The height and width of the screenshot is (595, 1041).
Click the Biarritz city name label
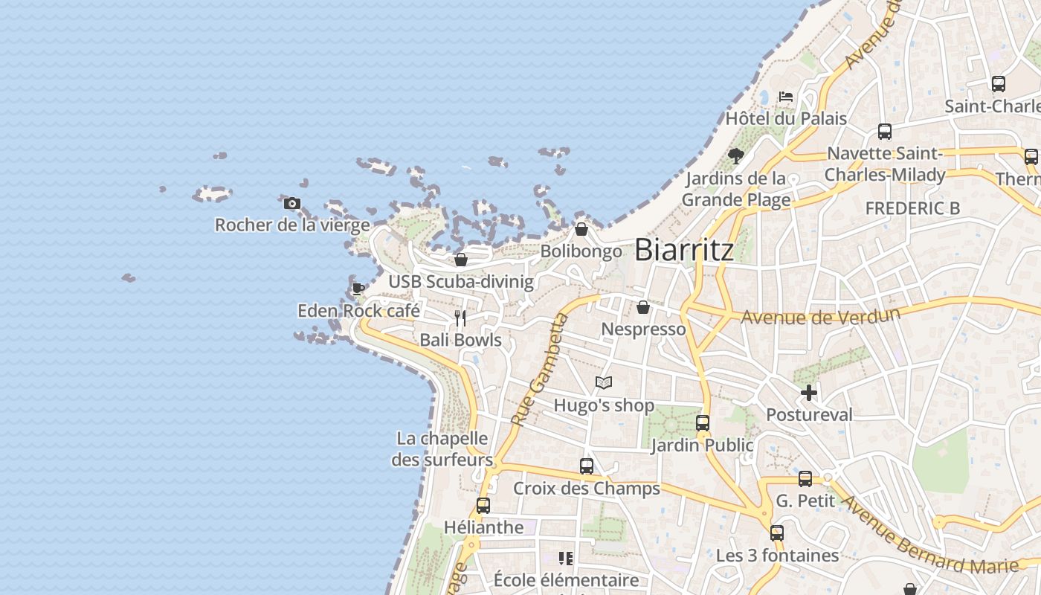(684, 250)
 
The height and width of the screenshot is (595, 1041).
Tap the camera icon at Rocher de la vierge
(292, 203)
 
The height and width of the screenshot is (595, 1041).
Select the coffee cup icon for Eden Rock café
(358, 289)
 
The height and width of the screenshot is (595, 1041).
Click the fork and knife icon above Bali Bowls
(460, 318)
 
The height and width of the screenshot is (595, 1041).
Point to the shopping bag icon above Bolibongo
(581, 229)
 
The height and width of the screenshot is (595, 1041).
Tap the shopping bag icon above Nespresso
(643, 306)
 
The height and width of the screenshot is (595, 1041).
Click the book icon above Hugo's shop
(604, 383)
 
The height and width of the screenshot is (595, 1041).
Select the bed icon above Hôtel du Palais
(786, 97)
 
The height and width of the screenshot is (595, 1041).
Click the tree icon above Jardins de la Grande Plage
(736, 156)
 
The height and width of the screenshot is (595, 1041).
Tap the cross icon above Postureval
(809, 393)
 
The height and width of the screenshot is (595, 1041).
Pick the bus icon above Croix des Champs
(587, 466)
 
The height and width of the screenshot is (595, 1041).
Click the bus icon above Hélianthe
(483, 506)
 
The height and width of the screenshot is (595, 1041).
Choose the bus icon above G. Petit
(805, 479)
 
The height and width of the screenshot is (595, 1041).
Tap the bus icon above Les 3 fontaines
(777, 533)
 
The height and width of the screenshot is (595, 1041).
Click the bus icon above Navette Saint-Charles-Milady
(885, 132)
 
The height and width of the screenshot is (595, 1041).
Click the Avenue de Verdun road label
(820, 315)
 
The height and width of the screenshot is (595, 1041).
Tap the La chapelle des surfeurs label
(442, 449)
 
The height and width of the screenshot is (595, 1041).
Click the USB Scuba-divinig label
(461, 282)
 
